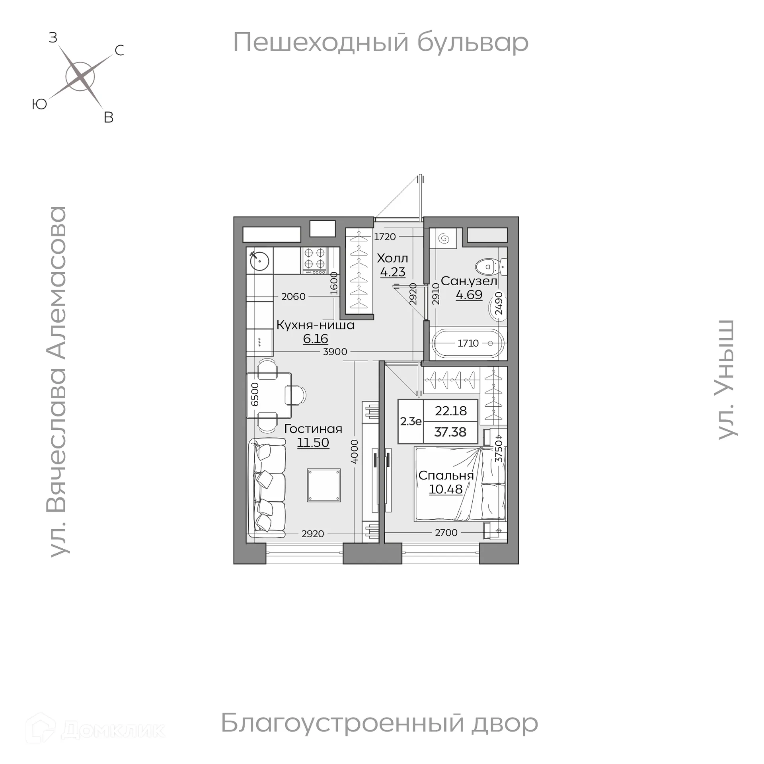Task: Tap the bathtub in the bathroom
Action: tap(468, 343)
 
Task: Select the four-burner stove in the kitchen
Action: tap(315, 260)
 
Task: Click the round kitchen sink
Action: tap(259, 261)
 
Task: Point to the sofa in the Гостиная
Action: tap(267, 488)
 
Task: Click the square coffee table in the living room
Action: tap(324, 485)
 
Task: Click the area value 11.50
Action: tap(313, 442)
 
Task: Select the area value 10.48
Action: tap(446, 489)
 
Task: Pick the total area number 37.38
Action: tap(450, 432)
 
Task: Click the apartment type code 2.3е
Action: tap(411, 421)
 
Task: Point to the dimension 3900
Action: tap(335, 352)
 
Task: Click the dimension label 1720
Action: tap(385, 237)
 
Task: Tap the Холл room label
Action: tap(392, 259)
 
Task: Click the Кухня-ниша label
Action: tap(315, 325)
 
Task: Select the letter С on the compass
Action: tap(119, 51)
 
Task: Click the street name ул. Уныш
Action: tap(727, 380)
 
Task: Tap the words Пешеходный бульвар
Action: tap(380, 42)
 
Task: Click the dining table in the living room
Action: tap(269, 395)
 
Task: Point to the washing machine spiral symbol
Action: tap(444, 239)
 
